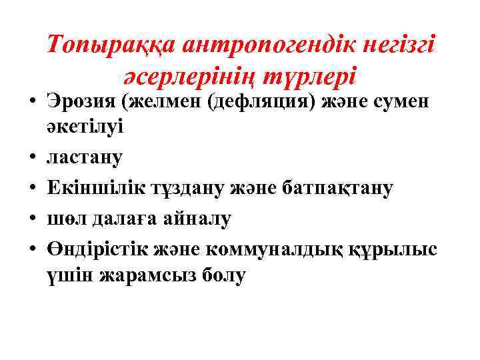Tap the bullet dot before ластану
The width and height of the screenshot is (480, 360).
tap(32, 159)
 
